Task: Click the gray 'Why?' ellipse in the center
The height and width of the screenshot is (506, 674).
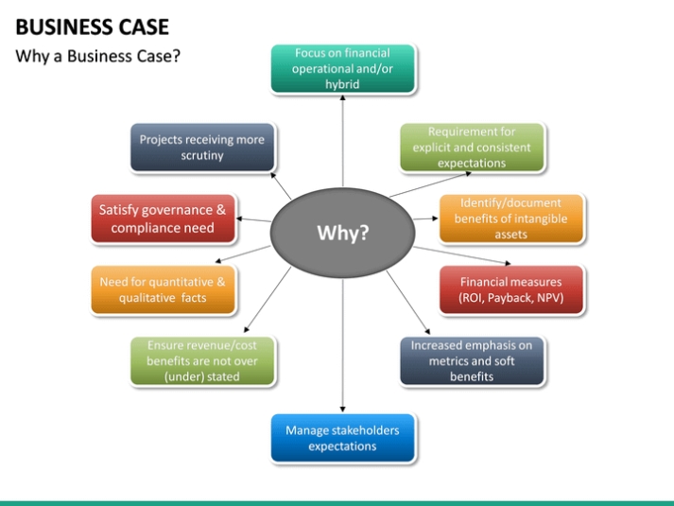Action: click(341, 233)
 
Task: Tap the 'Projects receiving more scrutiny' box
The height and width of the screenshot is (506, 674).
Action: click(202, 148)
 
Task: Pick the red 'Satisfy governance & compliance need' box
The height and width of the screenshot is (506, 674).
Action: click(163, 218)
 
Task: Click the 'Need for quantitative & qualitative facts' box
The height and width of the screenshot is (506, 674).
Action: click(163, 290)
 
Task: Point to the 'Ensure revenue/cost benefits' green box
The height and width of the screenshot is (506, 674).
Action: click(202, 361)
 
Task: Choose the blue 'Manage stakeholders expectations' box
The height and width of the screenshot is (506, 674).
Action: click(342, 438)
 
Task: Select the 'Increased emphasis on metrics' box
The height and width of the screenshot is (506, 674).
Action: click(472, 361)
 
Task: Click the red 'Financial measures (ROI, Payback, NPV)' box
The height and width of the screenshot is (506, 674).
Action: click(510, 290)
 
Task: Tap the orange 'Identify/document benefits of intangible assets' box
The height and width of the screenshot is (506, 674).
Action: click(510, 218)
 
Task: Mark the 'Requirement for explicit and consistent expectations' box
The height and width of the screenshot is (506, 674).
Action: click(472, 148)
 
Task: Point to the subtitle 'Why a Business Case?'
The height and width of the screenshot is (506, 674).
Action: click(97, 56)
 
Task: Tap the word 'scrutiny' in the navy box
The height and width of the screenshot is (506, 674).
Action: click(202, 156)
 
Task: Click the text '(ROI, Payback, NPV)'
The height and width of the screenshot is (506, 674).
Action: click(510, 298)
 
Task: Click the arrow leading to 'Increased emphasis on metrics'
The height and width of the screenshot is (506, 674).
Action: click(402, 302)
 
